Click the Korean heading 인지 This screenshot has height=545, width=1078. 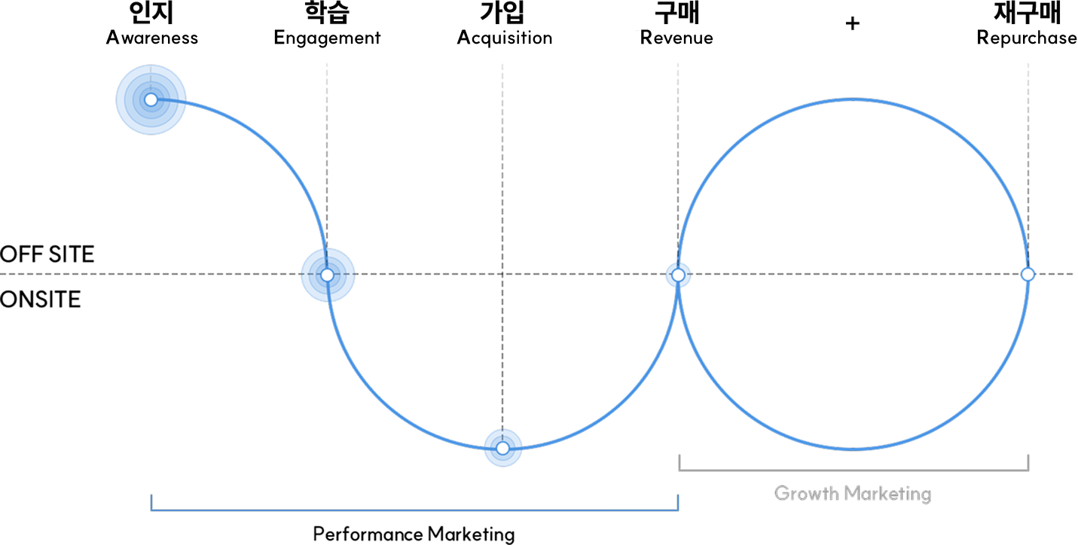point(151,13)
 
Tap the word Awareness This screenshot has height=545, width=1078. point(152,38)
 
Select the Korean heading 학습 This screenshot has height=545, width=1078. point(327,13)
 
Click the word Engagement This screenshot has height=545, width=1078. point(327,38)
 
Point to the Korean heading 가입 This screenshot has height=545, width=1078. point(502,13)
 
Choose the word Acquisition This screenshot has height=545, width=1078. point(505,38)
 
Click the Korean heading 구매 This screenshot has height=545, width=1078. point(677,13)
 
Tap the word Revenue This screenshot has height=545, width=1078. point(676,38)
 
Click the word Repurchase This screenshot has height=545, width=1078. point(1027,38)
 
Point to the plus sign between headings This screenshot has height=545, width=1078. point(852,23)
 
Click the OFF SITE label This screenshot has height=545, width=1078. point(47,254)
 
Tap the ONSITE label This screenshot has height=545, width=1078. point(41,299)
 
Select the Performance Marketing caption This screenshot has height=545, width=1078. point(414,534)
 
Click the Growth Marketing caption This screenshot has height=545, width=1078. point(853,494)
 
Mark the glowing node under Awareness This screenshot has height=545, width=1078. point(151,99)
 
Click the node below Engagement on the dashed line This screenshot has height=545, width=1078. point(327,276)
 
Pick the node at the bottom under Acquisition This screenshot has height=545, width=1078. point(503,449)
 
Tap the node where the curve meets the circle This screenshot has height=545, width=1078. point(678,276)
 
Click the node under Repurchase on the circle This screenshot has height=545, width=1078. point(1028,274)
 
